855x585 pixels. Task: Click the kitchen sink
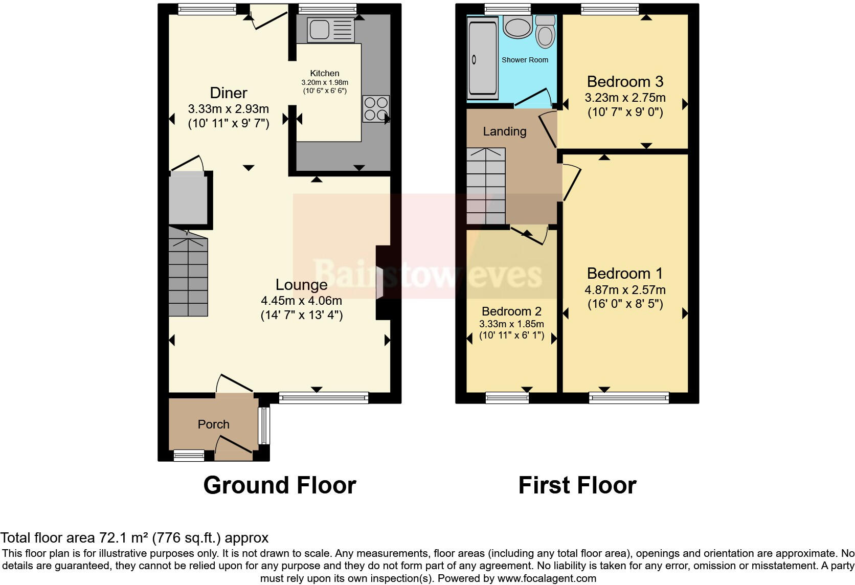pos(330,29)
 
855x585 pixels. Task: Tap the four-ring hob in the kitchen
pos(376,109)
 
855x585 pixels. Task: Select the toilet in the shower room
pos(546,32)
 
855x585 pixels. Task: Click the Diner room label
pos(229,93)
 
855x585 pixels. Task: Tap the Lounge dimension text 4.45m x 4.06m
pos(301,301)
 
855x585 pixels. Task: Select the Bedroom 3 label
pos(625,82)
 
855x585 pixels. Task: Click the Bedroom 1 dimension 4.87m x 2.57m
pos(625,290)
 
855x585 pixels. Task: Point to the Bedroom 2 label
pos(511,311)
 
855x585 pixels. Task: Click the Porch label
pos(213,424)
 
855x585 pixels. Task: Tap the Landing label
pos(504,131)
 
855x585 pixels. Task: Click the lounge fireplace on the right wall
pos(381,283)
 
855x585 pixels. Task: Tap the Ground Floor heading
pos(279,485)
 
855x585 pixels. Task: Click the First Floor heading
pos(577,485)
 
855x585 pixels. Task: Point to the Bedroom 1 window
pos(628,397)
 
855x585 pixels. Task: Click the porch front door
pos(234,445)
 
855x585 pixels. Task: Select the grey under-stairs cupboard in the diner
pos(188,198)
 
